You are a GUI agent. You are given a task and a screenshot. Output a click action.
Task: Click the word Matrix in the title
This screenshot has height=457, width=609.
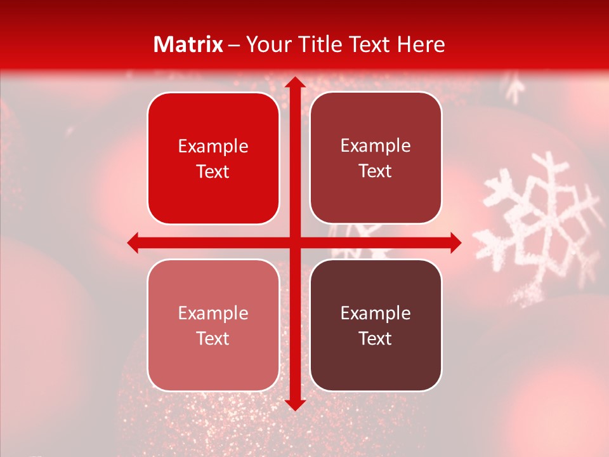188,44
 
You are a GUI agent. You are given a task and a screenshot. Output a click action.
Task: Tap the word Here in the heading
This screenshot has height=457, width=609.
421,44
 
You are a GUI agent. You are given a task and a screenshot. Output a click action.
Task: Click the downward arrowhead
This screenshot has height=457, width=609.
294,404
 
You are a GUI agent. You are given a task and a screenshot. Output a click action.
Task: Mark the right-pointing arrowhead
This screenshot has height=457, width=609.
454,242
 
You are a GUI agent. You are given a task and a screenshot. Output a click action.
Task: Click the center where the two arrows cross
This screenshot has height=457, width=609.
294,242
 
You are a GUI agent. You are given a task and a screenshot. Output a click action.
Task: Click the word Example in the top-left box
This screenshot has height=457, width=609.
213,147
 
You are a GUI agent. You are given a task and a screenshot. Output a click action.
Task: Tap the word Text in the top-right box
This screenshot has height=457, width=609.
376,171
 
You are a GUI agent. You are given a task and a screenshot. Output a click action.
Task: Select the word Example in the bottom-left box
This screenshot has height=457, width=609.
213,314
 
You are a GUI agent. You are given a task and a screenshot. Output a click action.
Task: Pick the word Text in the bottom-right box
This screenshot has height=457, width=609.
376,338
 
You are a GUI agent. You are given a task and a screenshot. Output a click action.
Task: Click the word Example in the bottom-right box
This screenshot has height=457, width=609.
376,314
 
